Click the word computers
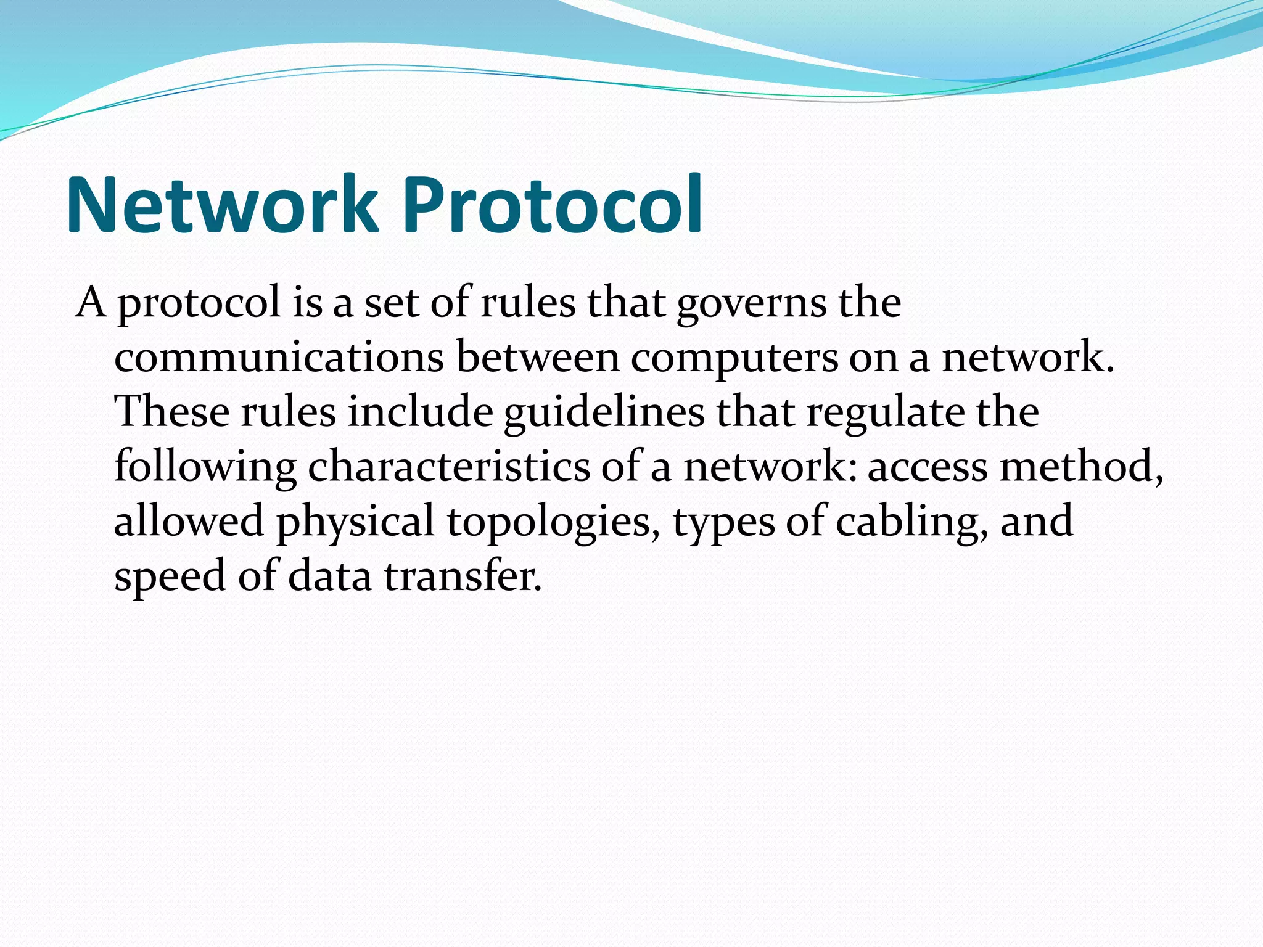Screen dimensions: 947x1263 (734, 359)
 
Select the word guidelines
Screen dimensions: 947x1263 (604, 413)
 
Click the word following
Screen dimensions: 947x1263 (205, 467)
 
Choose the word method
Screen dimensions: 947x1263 (1082, 467)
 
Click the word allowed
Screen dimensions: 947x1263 (189, 521)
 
